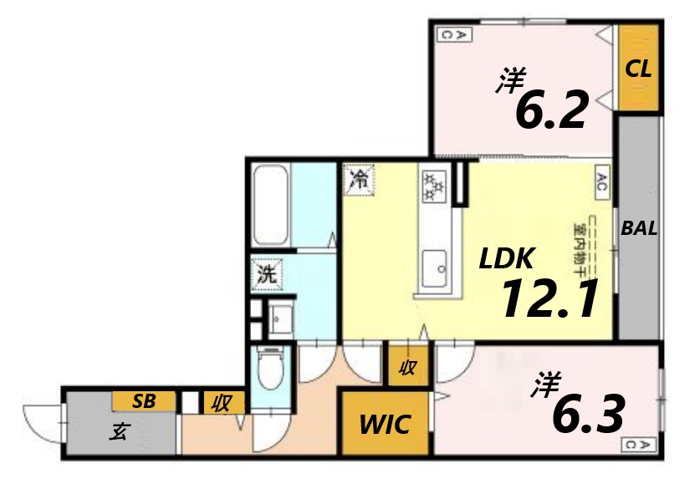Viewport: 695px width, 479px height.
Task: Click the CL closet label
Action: point(639,69)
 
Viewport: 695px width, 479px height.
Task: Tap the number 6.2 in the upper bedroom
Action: point(549,110)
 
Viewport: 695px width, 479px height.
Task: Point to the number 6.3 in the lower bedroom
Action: point(590,412)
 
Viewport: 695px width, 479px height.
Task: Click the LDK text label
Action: point(507,260)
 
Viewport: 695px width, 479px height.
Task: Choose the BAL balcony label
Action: point(639,228)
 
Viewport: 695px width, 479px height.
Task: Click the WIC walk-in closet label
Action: point(385,424)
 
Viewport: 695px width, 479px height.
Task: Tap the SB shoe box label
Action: point(144,401)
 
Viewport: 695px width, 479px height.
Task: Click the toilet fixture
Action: point(271,372)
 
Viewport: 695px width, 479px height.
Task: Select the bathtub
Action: point(270,205)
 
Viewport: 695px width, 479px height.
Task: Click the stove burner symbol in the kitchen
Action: point(434,186)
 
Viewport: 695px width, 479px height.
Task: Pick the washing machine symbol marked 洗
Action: point(267,273)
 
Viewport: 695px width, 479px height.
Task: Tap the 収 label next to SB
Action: point(222,404)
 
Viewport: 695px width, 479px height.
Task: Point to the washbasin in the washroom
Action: point(279,318)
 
